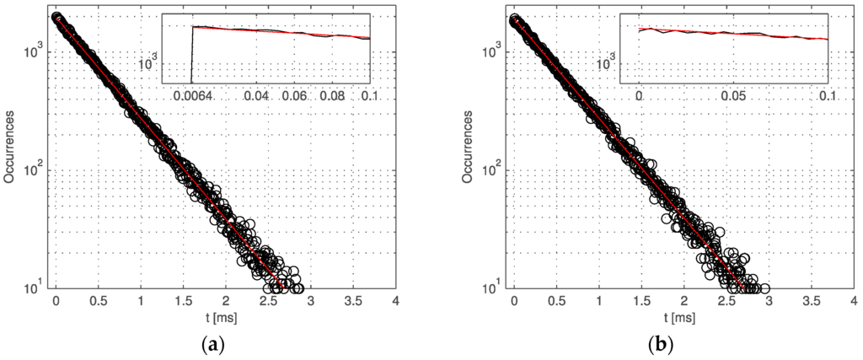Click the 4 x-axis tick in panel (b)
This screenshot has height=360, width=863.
[853, 301]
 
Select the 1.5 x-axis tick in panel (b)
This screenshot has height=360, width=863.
[641, 301]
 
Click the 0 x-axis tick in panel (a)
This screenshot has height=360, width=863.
[56, 301]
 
